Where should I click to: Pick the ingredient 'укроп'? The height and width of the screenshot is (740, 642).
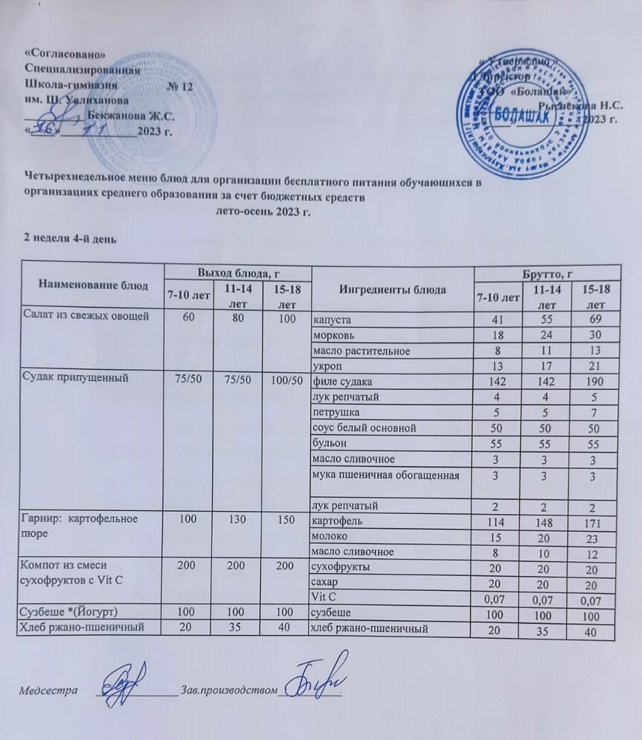pos(327,365)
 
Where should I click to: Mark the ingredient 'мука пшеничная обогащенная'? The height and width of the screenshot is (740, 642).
pos(388,475)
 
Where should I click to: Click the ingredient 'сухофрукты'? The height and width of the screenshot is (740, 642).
pos(341,567)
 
